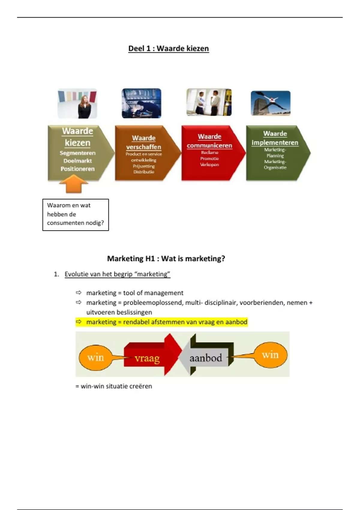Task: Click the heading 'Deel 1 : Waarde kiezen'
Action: coord(168,49)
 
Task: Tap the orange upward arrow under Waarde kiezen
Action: coord(73,184)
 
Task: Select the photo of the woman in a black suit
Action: coord(77,103)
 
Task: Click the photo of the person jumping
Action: coord(271,103)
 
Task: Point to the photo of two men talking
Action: coord(209,102)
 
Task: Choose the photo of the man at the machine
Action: coord(141,103)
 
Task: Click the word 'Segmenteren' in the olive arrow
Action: coord(77,153)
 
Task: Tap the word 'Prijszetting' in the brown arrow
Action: coord(144,166)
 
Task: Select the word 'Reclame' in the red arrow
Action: coord(209,152)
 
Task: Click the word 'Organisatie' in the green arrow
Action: coord(275,167)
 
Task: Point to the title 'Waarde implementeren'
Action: coord(275,138)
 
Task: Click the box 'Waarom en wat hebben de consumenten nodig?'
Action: coord(76,214)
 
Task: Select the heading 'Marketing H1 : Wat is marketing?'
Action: coord(166,259)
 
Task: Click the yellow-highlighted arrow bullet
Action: coord(79,322)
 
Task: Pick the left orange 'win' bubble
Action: coord(95,358)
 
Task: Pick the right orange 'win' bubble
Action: coord(270,355)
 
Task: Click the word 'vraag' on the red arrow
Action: coord(147,358)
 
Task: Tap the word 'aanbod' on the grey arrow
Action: coord(206,358)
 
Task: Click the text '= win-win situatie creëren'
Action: coord(114,386)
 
